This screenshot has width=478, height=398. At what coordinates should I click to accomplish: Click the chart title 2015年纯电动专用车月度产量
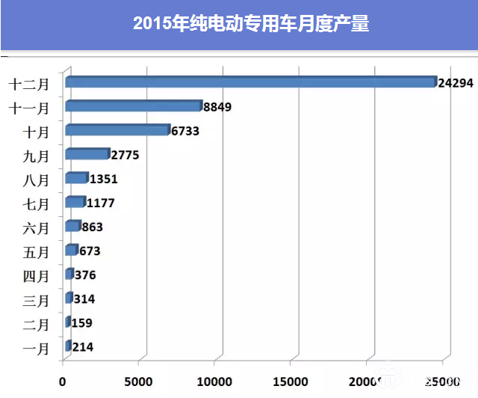[251, 24]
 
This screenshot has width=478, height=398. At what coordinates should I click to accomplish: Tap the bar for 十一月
[134, 106]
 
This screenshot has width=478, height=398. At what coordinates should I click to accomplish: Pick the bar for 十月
[117, 130]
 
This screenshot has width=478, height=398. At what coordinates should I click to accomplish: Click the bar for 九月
[87, 154]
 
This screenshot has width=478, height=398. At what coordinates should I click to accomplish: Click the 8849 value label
[217, 107]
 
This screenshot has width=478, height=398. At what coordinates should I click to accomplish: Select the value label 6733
[186, 131]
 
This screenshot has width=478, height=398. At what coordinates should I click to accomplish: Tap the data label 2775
[125, 155]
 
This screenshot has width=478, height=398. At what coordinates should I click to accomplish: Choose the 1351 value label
[103, 179]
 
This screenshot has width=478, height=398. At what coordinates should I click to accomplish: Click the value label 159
[83, 323]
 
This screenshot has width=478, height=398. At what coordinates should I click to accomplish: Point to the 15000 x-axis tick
[291, 381]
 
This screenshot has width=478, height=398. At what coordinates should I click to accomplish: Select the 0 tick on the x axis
[63, 381]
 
